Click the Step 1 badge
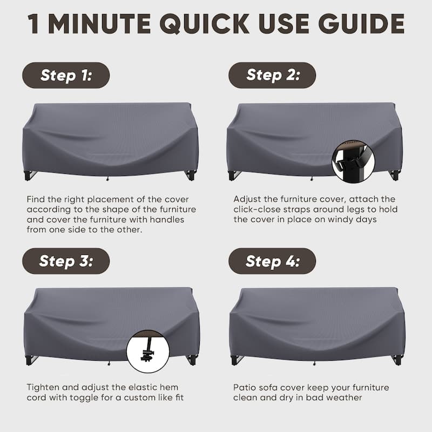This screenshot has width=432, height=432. pyautogui.click(x=66, y=75)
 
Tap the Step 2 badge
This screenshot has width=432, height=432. pyautogui.click(x=272, y=75)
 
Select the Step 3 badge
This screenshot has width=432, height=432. pyautogui.click(x=66, y=261)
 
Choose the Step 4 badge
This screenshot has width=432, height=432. pyautogui.click(x=272, y=261)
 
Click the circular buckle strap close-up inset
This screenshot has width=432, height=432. pyautogui.click(x=354, y=161)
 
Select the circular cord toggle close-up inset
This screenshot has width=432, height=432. pyautogui.click(x=147, y=352)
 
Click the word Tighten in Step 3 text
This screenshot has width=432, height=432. pyautogui.click(x=43, y=387)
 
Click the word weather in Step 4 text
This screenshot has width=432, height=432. pyautogui.click(x=347, y=397)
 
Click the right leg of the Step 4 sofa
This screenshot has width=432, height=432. pyautogui.click(x=397, y=360)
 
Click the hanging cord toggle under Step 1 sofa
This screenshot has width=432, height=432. pyautogui.click(x=107, y=179)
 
